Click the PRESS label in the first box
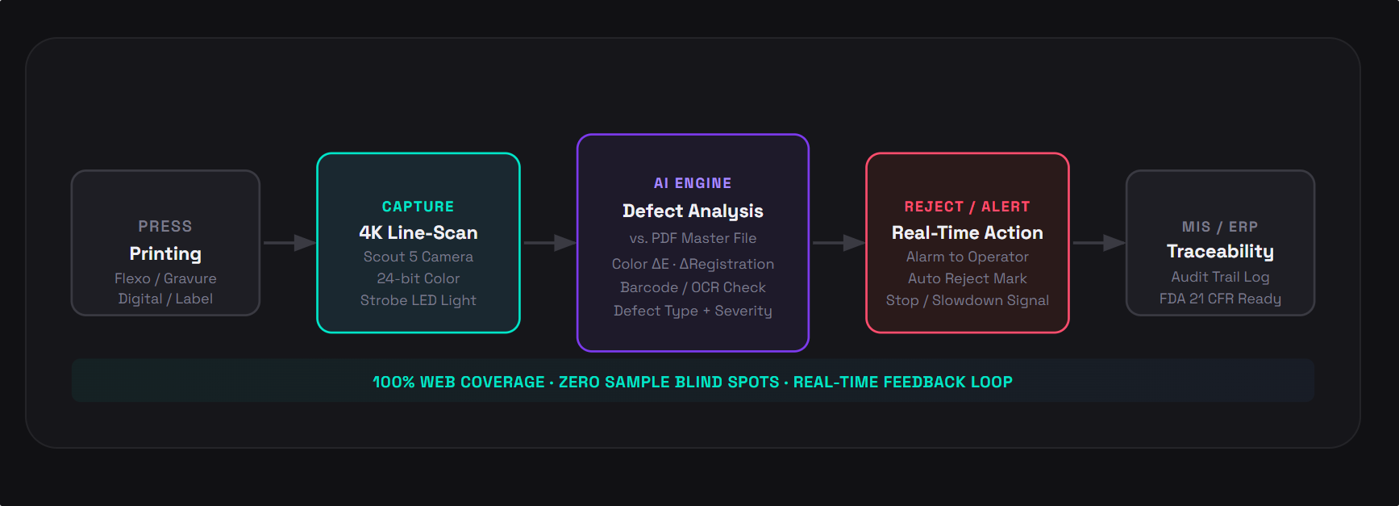[x=165, y=227]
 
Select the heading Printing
[x=165, y=254]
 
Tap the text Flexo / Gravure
[x=165, y=278]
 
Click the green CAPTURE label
[x=418, y=207]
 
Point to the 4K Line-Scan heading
[x=418, y=232]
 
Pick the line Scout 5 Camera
[x=418, y=257]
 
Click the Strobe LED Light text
[x=418, y=300]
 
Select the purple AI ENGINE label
[x=693, y=183]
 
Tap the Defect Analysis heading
[x=693, y=211]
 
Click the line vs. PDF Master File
[x=693, y=238]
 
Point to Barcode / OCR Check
[x=693, y=287]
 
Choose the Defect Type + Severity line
[x=693, y=311]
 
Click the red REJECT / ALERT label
[x=968, y=207]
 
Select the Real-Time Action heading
[x=968, y=232]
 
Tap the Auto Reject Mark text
[x=968, y=278]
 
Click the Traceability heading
[x=1220, y=252]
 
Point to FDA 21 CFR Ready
[x=1220, y=299]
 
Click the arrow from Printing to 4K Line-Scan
[x=289, y=242]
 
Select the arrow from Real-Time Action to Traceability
[x=1098, y=242]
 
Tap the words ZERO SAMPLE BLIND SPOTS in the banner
[x=669, y=382]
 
